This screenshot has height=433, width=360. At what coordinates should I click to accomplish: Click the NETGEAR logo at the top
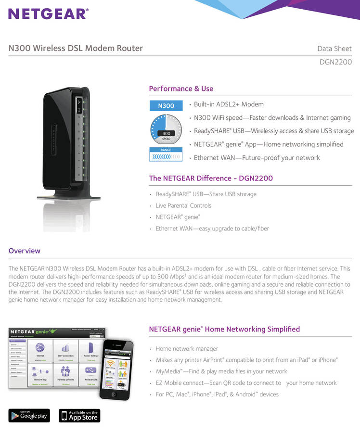pos(48,13)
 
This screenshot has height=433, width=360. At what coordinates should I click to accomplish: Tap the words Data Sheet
pos(334,49)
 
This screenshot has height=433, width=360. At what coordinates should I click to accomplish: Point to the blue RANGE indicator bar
pos(166,154)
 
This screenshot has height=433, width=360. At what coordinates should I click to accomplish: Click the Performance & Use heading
pos(181,89)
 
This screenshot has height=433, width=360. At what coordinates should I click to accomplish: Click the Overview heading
pos(25,251)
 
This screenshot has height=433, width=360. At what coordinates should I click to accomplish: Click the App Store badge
pos(79,416)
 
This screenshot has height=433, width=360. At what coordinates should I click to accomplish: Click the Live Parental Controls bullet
pos(183,205)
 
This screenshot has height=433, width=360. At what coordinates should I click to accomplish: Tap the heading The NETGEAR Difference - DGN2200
pos(211,178)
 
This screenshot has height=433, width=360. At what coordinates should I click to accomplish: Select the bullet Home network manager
pos(187,348)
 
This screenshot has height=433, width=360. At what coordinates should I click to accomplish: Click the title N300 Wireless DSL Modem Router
pos(76,48)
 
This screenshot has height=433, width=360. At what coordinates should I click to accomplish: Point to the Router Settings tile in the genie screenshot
pos(91,350)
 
